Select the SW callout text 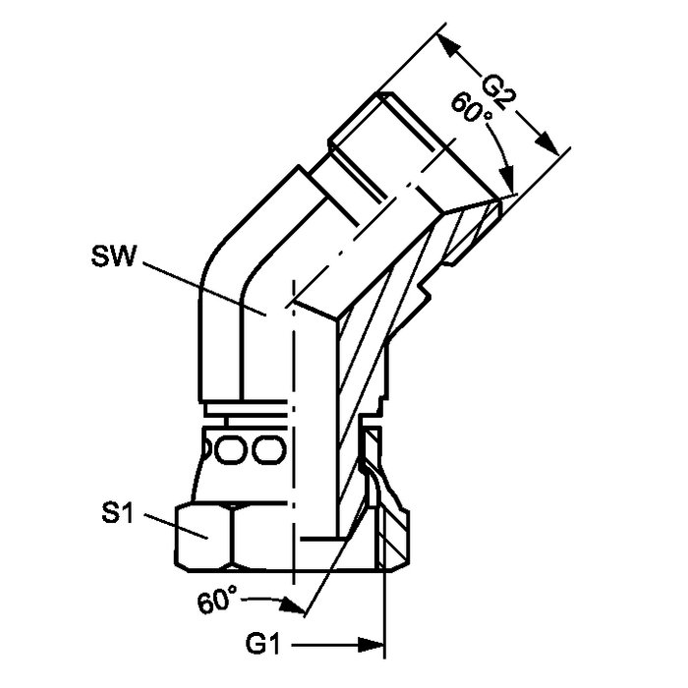tap(113, 256)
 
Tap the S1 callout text tap(117, 512)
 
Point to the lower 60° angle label tap(218, 599)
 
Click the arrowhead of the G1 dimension tap(372, 645)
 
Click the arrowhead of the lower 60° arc tap(293, 605)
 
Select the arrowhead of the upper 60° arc tap(507, 180)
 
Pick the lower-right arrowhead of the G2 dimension tap(546, 143)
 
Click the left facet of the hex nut tap(204, 538)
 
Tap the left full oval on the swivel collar tap(231, 450)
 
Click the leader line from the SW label tap(204, 288)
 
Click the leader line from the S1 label tap(176, 526)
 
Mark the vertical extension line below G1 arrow tap(384, 614)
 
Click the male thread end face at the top tap(356, 118)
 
